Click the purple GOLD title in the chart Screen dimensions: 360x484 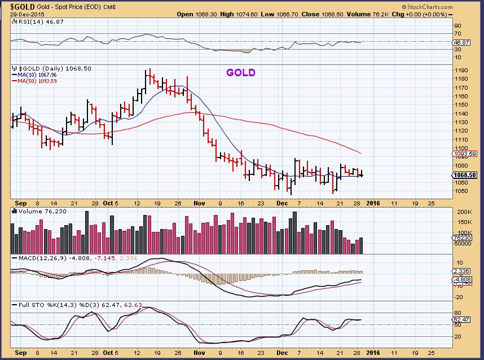point(241,73)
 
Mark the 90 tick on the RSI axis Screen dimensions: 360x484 point(457,25)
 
